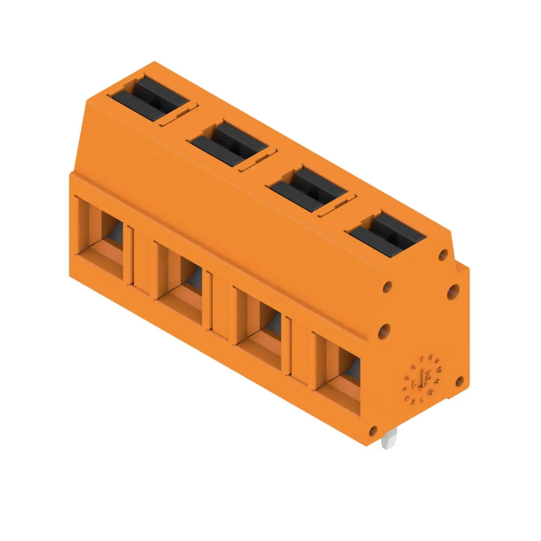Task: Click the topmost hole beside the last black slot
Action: coord(443,255)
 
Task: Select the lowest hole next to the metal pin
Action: coord(373,431)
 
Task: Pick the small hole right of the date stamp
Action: coord(460,381)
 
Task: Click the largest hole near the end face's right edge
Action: coord(453,292)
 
